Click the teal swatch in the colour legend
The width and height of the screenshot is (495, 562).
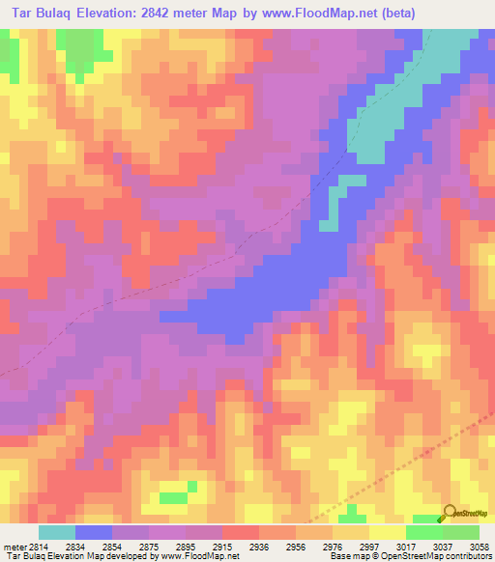(57, 532)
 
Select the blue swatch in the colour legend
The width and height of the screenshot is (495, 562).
(94, 532)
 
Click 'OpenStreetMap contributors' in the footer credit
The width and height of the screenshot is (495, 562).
(440, 556)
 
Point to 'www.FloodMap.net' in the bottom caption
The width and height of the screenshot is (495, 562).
(199, 556)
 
